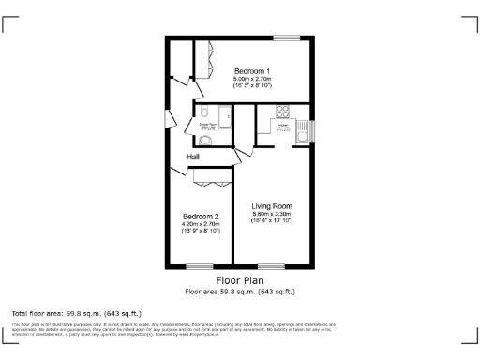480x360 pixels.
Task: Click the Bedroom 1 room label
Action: click(x=252, y=71)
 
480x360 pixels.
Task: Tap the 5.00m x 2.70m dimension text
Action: click(x=252, y=79)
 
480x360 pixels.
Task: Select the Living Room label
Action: click(x=272, y=205)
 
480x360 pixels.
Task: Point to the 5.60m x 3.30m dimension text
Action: click(x=272, y=214)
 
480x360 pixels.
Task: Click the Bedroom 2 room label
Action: click(x=200, y=215)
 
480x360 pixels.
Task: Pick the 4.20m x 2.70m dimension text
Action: click(x=200, y=223)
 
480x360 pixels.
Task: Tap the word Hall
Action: click(x=193, y=157)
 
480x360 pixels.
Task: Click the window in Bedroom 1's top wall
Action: click(x=286, y=37)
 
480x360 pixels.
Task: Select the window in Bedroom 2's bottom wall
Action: click(x=199, y=265)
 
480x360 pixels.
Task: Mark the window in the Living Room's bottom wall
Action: click(x=271, y=265)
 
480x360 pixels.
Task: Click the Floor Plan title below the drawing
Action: click(x=240, y=280)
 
